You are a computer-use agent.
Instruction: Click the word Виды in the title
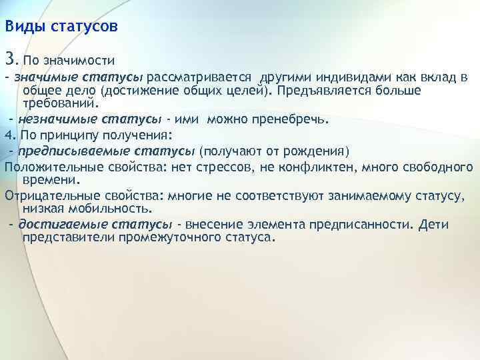pyautogui.click(x=21, y=27)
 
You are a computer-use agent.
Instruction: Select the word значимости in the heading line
pyautogui.click(x=82, y=61)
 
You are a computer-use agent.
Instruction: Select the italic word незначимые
pyautogui.click(x=59, y=119)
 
